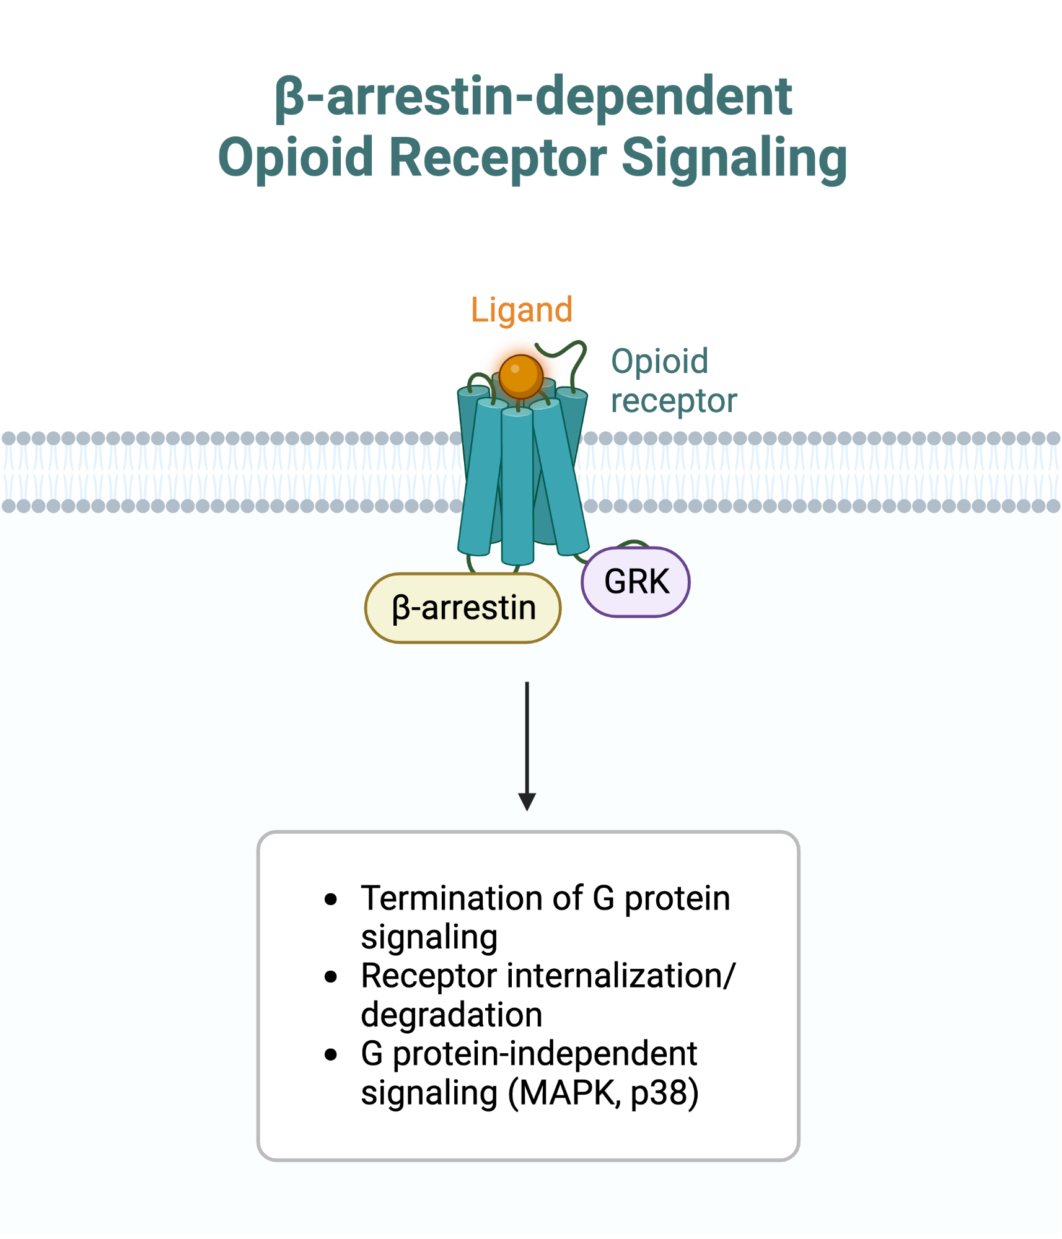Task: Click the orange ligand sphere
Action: tap(520, 376)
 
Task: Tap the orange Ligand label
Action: tap(521, 310)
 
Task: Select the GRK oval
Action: tap(636, 582)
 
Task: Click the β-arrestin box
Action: tap(463, 608)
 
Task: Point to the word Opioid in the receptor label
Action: tap(659, 362)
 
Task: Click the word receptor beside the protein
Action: tap(674, 401)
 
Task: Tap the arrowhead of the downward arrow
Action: tap(527, 802)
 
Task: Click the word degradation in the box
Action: tap(451, 1015)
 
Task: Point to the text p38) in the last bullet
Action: tap(664, 1093)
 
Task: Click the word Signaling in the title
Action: tap(734, 158)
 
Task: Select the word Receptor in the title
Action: tap(498, 158)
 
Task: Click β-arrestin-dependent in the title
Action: tap(533, 97)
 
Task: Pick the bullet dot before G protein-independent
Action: tap(331, 1054)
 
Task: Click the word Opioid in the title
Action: tap(296, 158)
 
